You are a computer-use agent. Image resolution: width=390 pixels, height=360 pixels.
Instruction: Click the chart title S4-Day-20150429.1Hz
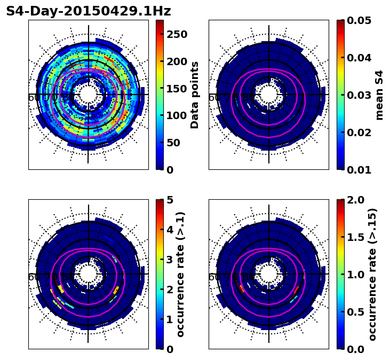click(x=89, y=11)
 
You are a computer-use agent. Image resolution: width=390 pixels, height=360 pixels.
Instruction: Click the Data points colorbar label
click(x=195, y=95)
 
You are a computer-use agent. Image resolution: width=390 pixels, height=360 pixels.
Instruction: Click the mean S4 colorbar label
click(x=379, y=95)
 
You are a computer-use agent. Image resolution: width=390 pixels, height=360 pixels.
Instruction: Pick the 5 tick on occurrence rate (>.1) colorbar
click(x=170, y=200)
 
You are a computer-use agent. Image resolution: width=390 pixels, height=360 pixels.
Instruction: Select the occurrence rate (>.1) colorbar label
click(x=181, y=275)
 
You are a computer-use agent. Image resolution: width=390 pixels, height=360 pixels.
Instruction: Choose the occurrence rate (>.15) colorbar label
click(x=372, y=275)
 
